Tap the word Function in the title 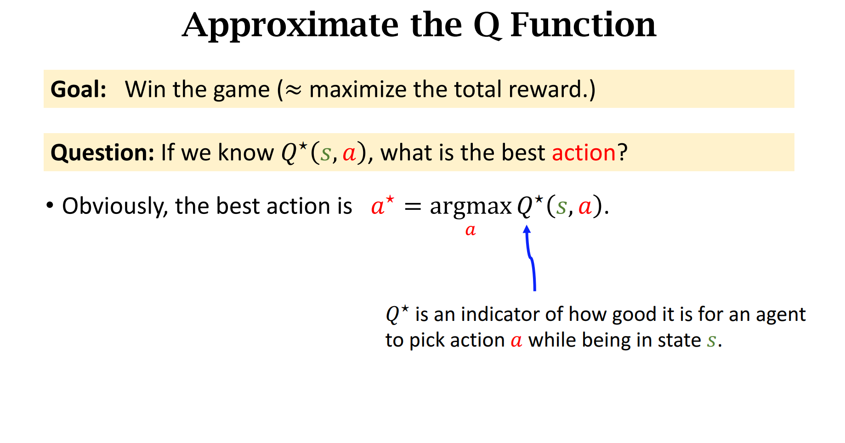coord(583,25)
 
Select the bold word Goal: coord(79,89)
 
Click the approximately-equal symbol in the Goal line coord(294,90)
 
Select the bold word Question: coord(102,152)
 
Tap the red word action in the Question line coord(584,152)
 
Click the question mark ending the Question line coord(622,152)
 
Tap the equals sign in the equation coord(413,207)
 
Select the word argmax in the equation coord(471,207)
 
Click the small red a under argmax coord(471,230)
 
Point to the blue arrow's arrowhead coord(527,229)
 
